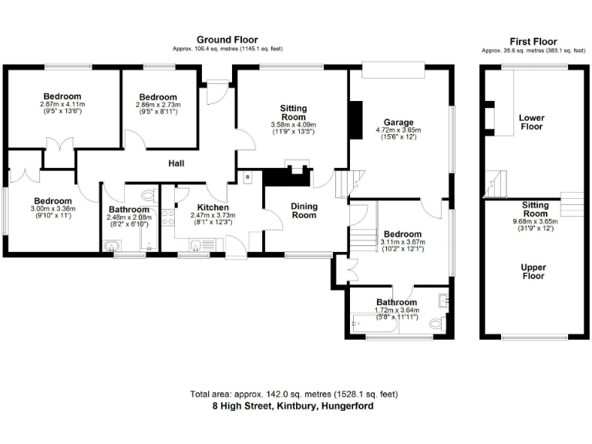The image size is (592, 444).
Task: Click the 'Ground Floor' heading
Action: [x=227, y=39]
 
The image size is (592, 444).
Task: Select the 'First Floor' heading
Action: [x=533, y=42]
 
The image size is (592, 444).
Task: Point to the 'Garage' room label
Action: [x=399, y=122]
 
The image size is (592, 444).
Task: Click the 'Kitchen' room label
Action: [x=212, y=207]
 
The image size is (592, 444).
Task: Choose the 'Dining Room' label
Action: [x=304, y=210]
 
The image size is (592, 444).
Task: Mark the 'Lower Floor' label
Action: [x=532, y=123]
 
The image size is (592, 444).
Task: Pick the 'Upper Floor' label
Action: [x=533, y=271]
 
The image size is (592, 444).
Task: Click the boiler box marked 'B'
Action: [x=247, y=177]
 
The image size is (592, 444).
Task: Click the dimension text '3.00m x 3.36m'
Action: [x=51, y=208]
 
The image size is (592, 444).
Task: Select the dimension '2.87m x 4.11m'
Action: [x=62, y=104]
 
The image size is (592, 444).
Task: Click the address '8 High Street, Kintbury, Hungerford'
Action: [x=294, y=405]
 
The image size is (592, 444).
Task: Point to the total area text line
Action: [x=294, y=394]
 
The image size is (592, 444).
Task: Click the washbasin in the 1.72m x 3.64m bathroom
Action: [x=443, y=299]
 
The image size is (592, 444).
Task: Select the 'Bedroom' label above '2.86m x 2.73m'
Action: [x=157, y=97]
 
